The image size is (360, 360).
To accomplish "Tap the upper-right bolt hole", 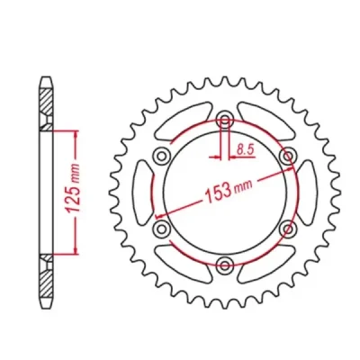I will [x=288, y=156].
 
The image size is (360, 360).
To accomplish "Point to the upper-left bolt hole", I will [x=162, y=156].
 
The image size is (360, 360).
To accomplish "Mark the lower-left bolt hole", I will [x=162, y=230].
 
